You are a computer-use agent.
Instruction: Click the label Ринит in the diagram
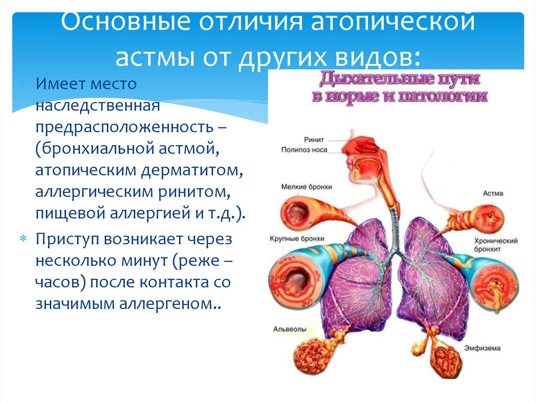pos(314,140)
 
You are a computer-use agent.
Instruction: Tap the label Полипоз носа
pos(304,150)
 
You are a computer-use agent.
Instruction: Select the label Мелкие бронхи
pos(307,187)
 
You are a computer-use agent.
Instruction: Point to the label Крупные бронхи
pos(297,238)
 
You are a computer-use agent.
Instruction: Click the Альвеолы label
pos(289,329)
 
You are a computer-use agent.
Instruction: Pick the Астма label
pos(493,193)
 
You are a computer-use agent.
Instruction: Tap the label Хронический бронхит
pos(496,245)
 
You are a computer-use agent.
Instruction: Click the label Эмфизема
pos(482,348)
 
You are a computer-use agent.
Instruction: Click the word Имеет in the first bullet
pos(57,83)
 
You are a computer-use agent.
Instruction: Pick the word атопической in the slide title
pos(393,22)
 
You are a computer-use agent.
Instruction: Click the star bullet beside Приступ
pos(23,238)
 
